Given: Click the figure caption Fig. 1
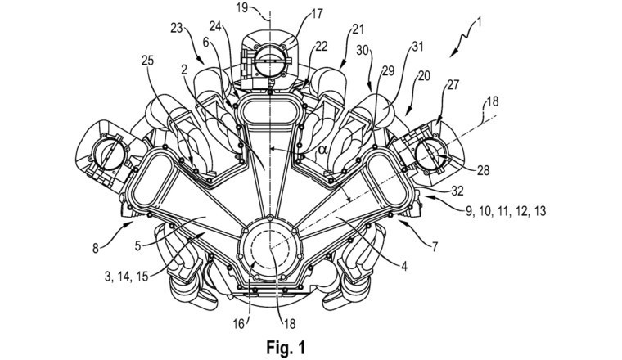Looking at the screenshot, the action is (286, 348).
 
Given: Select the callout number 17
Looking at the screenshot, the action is (317, 13).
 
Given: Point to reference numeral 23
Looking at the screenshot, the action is (177, 28).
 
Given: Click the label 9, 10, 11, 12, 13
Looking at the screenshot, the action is (506, 211).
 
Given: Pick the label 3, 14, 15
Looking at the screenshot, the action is (126, 277).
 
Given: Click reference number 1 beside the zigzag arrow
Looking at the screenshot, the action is (479, 22).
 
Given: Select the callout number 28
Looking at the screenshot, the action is (484, 170).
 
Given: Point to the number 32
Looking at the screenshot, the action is (457, 191).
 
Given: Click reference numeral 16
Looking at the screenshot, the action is (239, 324).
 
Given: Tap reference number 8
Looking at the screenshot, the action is (95, 249).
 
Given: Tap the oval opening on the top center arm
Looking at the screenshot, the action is (269, 110).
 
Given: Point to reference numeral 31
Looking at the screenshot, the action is (417, 47).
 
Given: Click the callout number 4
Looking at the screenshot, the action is (403, 267).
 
